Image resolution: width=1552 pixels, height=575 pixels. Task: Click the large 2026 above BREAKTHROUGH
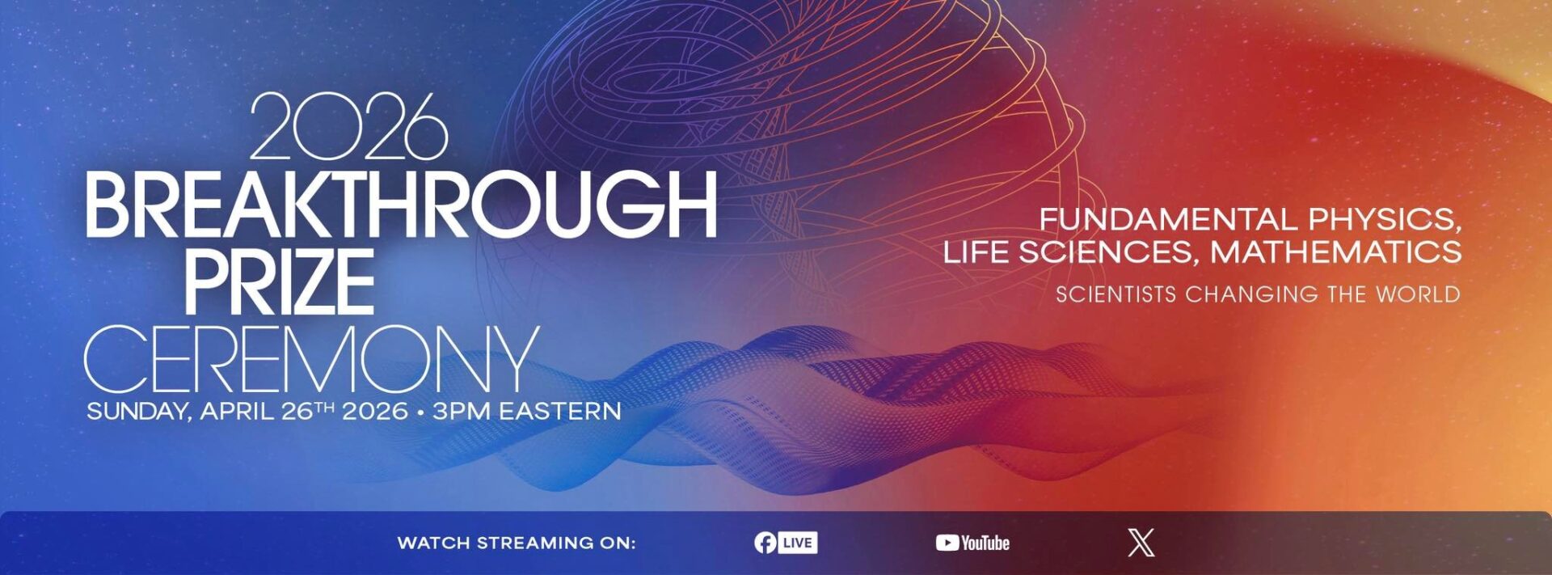pos(348,128)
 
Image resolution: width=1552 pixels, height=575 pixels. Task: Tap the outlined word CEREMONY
pos(311,359)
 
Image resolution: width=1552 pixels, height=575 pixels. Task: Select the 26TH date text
pos(307,410)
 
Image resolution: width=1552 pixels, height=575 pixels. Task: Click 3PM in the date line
pos(462,411)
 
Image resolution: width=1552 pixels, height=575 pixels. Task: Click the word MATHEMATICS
pos(1335,252)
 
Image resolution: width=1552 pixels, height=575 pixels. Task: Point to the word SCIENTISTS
pos(1115,294)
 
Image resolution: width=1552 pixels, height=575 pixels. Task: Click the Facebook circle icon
pos(765,543)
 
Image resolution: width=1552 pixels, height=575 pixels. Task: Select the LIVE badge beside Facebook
pos(798,543)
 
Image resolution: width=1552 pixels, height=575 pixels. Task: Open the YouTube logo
pos(972,543)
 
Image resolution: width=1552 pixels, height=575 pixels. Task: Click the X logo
pos(1141,543)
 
